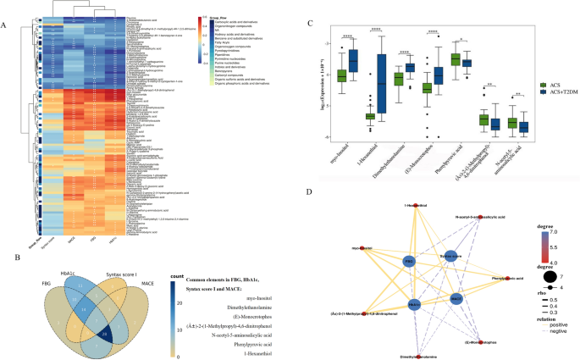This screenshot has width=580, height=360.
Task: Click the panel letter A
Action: coord(4,25)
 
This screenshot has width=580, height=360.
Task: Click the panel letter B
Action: coord(6,205)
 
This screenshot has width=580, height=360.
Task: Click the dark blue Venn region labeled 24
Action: coord(105,312)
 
